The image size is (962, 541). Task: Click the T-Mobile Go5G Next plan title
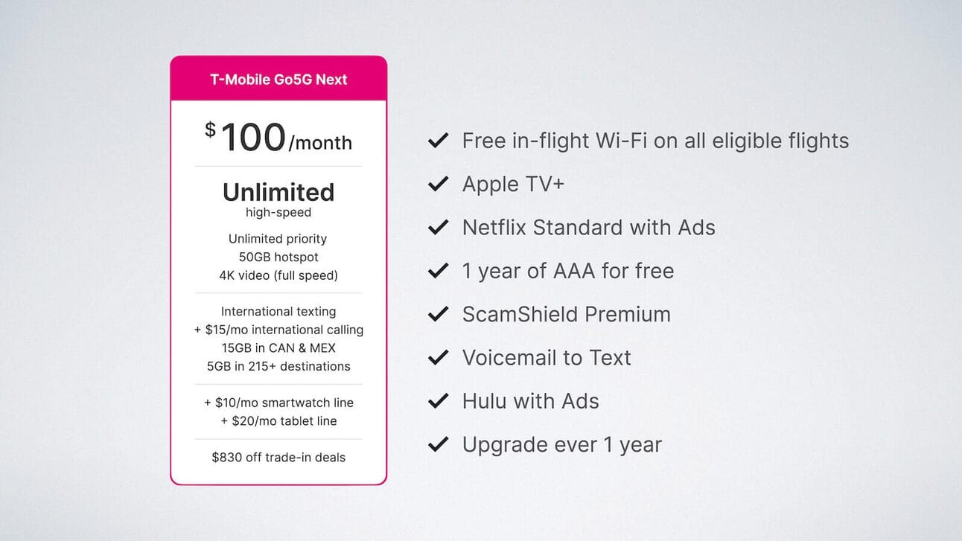pyautogui.click(x=278, y=80)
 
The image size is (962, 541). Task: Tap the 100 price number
pyautogui.click(x=253, y=138)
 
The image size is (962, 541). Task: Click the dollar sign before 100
pyautogui.click(x=210, y=129)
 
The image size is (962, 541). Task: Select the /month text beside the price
pyautogui.click(x=320, y=143)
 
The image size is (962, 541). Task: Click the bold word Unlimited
pyautogui.click(x=278, y=192)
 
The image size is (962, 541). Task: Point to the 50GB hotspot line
pyautogui.click(x=278, y=257)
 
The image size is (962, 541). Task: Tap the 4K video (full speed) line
pyautogui.click(x=278, y=275)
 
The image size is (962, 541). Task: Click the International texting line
pyautogui.click(x=278, y=311)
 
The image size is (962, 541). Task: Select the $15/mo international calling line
pyautogui.click(x=278, y=330)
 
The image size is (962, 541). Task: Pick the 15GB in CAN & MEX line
pyautogui.click(x=278, y=348)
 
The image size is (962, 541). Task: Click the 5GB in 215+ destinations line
pyautogui.click(x=278, y=366)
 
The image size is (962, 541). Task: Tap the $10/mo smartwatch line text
pyautogui.click(x=278, y=403)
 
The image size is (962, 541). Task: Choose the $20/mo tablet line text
pyautogui.click(x=278, y=420)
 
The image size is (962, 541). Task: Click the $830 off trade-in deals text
pyautogui.click(x=278, y=457)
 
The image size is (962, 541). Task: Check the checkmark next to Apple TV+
pyautogui.click(x=438, y=184)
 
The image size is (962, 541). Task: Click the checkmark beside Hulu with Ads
pyautogui.click(x=438, y=401)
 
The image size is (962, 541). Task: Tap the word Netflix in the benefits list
pyautogui.click(x=494, y=227)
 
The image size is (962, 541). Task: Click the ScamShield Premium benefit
pyautogui.click(x=567, y=314)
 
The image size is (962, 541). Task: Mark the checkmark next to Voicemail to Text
pyautogui.click(x=438, y=358)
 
